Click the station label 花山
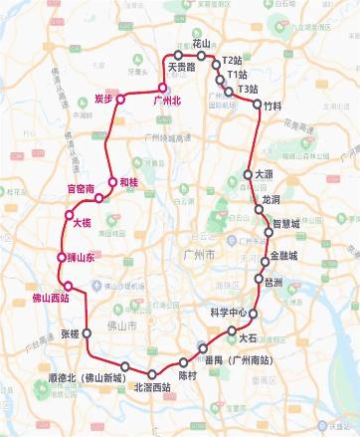[x=202, y=45]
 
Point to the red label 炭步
[x=105, y=99]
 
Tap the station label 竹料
[x=273, y=105]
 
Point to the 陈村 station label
[x=188, y=375]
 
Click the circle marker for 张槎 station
[x=87, y=332]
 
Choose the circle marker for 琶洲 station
[x=261, y=282]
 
